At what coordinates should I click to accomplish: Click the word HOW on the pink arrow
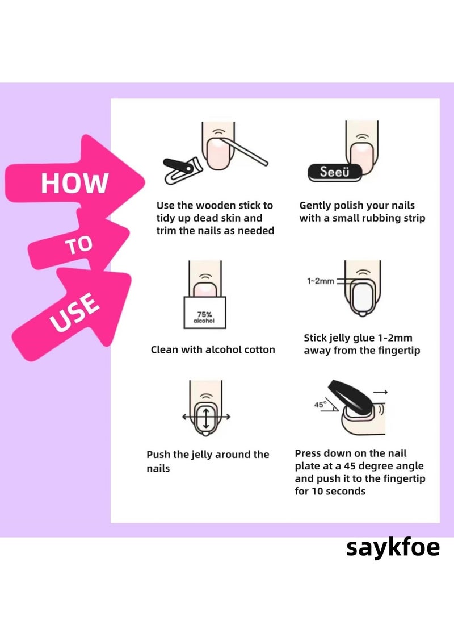coord(74,182)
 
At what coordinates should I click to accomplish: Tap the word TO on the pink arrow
coord(79,245)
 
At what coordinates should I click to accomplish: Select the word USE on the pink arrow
coord(74,313)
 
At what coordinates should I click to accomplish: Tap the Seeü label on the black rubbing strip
coord(334,172)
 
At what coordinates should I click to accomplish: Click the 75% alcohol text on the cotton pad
coord(204,317)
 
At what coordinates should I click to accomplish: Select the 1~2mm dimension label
coord(321,281)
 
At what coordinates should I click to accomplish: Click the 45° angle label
coord(321,405)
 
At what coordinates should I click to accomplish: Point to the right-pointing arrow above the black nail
coord(381,392)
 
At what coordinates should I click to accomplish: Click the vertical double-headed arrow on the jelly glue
coord(205,419)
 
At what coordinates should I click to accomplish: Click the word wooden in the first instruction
coord(216,205)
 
